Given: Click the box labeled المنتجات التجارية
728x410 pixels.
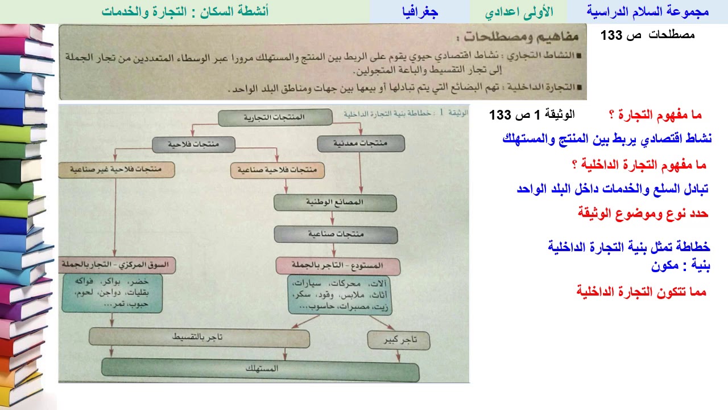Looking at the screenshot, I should tap(275, 117).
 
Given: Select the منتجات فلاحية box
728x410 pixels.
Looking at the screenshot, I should tap(193, 145).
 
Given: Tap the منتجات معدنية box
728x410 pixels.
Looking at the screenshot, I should tap(361, 143).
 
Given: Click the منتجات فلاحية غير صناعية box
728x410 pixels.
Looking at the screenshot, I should tap(116, 170).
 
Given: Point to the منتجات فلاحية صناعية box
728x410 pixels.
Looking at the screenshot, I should tap(277, 170).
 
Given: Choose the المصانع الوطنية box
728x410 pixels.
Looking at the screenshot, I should tap(334, 202).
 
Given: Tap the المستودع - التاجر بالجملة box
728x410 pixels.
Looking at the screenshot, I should tap(338, 265).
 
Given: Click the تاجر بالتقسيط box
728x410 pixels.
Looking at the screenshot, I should tap(199, 338).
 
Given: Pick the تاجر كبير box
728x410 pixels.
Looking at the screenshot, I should tap(398, 341).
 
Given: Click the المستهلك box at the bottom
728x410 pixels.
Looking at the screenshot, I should tap(260, 369).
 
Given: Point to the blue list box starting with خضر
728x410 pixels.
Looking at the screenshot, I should tap(111, 293).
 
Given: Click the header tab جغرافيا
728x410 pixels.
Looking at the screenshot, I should tap(420, 11).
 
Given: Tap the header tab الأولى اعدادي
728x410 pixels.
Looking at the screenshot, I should tap(518, 11).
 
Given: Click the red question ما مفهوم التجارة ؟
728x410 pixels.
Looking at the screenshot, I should tap(655, 115).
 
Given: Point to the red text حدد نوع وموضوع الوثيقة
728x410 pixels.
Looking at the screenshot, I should tap(643, 214).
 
